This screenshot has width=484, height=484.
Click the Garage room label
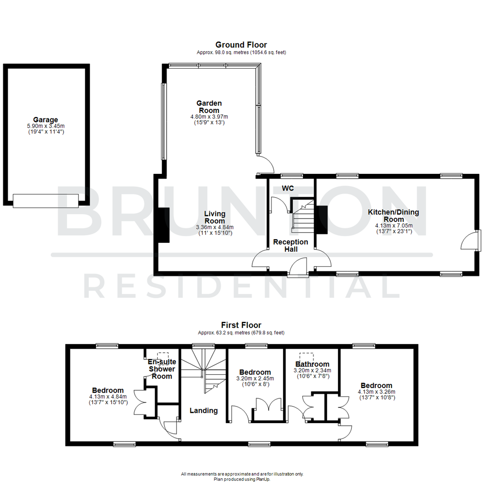(45, 120)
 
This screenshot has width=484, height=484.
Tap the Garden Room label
(209, 107)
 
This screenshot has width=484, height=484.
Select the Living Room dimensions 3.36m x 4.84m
(215, 227)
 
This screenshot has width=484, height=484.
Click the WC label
(288, 188)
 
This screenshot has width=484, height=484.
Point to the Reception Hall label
(291, 245)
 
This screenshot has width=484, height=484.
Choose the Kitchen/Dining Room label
(393, 215)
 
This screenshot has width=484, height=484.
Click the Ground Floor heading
(241, 45)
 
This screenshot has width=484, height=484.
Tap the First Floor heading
(241, 325)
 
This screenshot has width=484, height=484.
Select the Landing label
(203, 410)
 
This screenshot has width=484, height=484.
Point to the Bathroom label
(312, 364)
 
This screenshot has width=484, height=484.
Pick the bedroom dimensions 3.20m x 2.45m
(255, 378)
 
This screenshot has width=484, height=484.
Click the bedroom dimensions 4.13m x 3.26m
(376, 392)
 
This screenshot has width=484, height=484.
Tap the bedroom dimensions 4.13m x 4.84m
(108, 397)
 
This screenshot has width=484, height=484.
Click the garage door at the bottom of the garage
(46, 200)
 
